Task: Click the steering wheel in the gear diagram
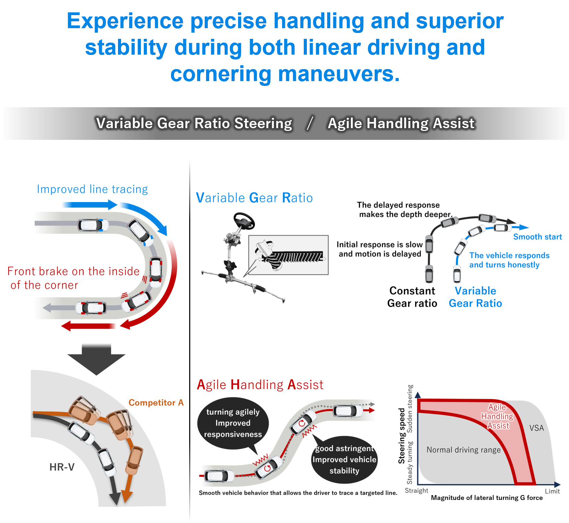point(244,221)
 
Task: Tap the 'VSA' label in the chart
point(536,428)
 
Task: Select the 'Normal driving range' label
point(463,450)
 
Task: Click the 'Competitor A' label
point(156,402)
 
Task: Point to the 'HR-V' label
point(62,467)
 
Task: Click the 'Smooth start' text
point(537,237)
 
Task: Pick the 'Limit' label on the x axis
point(552,491)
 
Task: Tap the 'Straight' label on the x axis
point(417,491)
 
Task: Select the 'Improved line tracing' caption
point(92,189)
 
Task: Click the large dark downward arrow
point(96,359)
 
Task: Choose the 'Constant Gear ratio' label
point(412,297)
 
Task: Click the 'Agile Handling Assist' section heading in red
point(260,385)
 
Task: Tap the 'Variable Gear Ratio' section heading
point(254,198)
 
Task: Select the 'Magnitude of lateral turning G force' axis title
point(487,498)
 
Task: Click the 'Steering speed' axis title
point(401,436)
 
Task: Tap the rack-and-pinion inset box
point(288,255)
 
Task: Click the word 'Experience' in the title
point(125,22)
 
